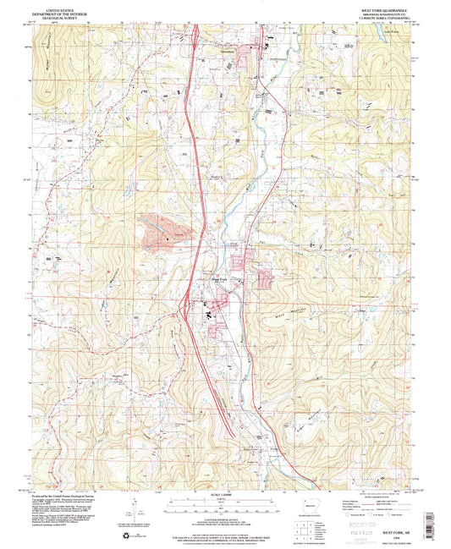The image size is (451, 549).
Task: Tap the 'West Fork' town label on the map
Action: [x=219, y=279]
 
